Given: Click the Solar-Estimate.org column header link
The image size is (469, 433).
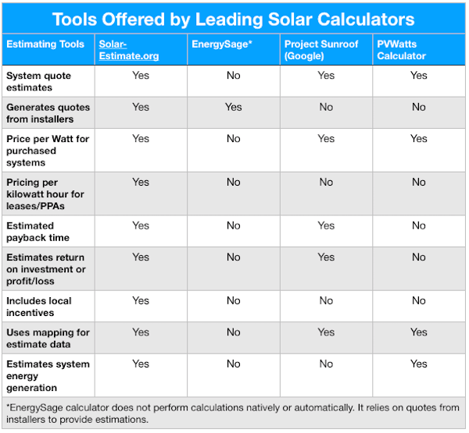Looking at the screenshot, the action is click(x=129, y=50).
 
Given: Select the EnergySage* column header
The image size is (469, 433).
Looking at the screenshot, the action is click(x=222, y=44).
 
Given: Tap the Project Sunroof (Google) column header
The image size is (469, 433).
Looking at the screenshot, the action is click(x=321, y=50).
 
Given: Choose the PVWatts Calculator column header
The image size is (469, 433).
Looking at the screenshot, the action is click(x=401, y=50).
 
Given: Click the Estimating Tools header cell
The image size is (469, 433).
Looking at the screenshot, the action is click(x=45, y=44).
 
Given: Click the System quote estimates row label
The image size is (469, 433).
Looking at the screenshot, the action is click(x=38, y=81).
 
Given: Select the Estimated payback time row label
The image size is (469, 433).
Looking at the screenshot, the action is click(x=38, y=232).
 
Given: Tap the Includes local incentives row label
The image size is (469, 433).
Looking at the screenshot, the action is click(x=39, y=307).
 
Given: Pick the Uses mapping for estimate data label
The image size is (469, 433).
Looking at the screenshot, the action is click(x=48, y=339).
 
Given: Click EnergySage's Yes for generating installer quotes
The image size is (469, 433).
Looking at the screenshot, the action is click(x=233, y=107).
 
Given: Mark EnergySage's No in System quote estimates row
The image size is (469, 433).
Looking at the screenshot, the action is click(x=233, y=76).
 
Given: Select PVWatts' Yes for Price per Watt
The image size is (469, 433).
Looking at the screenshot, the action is click(x=419, y=139).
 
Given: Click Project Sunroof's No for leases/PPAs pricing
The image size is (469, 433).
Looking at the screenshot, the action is click(x=326, y=182).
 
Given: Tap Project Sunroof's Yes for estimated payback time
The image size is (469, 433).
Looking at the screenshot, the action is click(x=326, y=225).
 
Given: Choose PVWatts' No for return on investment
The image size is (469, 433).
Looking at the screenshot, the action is click(x=419, y=257).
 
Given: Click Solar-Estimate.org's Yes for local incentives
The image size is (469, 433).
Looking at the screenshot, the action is click(x=141, y=300).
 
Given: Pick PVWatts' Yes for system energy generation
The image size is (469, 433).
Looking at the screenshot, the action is click(x=419, y=364).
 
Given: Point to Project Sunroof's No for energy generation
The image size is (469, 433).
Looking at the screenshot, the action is click(x=326, y=364).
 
